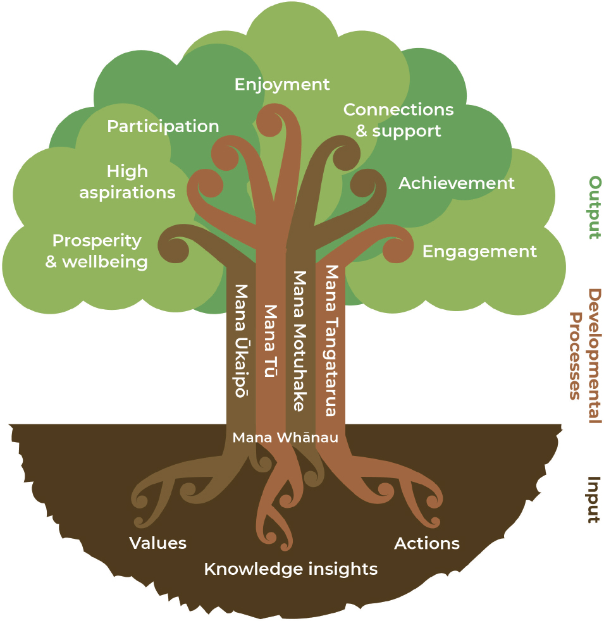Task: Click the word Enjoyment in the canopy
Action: pyautogui.click(x=282, y=84)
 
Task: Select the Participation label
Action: pyautogui.click(x=163, y=126)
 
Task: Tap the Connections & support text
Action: pyautogui.click(x=398, y=120)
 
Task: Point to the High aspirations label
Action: pyautogui.click(x=127, y=181)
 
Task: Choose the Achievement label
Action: pyautogui.click(x=456, y=183)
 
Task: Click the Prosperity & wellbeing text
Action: pyautogui.click(x=97, y=251)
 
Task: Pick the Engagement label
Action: pyautogui.click(x=479, y=251)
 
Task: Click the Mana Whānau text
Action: pyautogui.click(x=285, y=438)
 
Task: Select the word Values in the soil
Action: pyautogui.click(x=157, y=543)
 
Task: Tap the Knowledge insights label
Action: pyautogui.click(x=290, y=569)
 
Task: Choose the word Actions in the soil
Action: pyautogui.click(x=427, y=543)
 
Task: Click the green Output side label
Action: pyautogui.click(x=594, y=207)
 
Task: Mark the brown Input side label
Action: pyautogui.click(x=593, y=500)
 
